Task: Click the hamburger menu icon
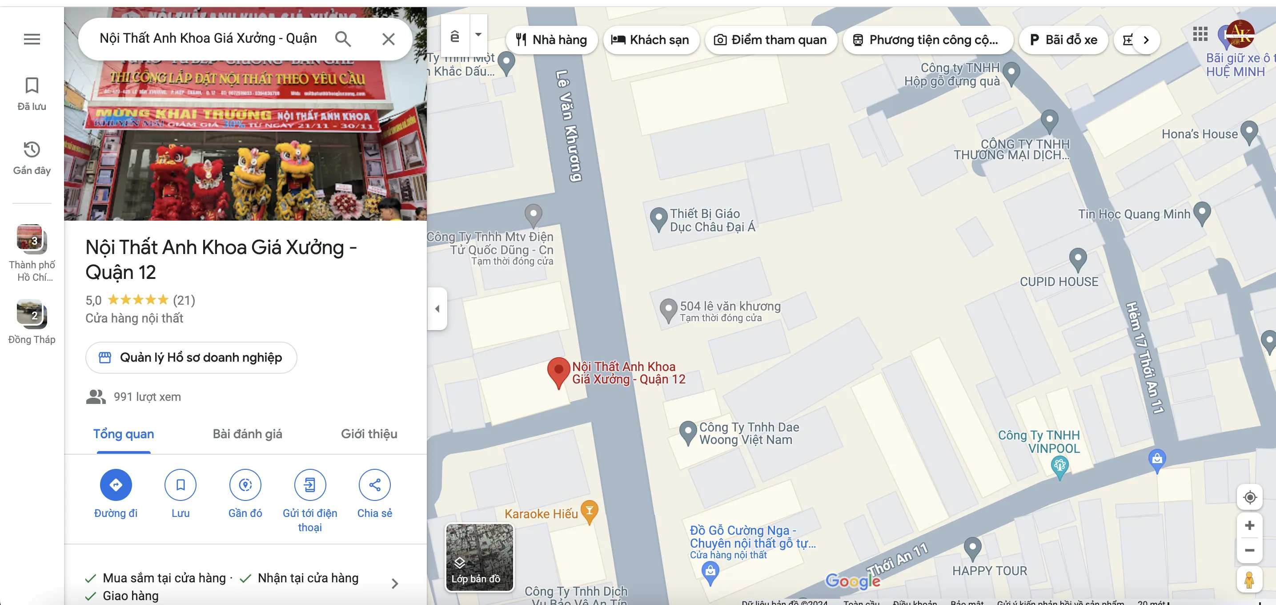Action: [32, 39]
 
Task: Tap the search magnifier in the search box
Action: [343, 39]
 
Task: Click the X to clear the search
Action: [388, 39]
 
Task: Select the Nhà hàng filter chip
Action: [551, 40]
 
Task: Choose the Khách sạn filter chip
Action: [650, 40]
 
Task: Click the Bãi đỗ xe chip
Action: [1063, 40]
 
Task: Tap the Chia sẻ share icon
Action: [374, 484]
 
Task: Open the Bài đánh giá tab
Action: [247, 434]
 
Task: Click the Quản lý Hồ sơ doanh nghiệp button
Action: [191, 357]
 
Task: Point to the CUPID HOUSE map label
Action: [1059, 282]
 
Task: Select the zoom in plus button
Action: [1249, 525]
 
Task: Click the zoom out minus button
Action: [1249, 550]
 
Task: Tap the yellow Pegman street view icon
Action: [1249, 580]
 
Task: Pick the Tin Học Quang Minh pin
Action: [1202, 213]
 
